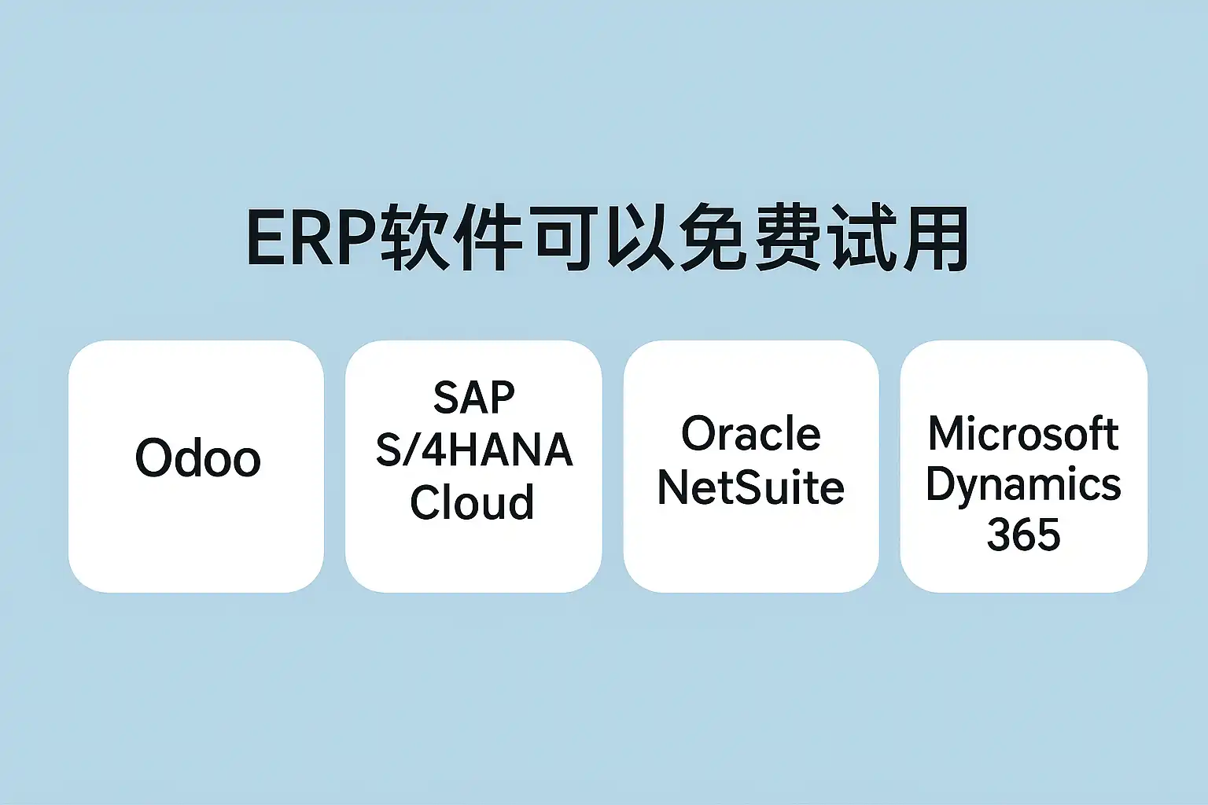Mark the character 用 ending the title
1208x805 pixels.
pyautogui.click(x=935, y=238)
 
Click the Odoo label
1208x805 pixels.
pyautogui.click(x=197, y=458)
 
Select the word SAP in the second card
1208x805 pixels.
pyautogui.click(x=473, y=398)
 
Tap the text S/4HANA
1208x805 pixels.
pyautogui.click(x=473, y=450)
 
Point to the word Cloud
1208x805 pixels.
pyautogui.click(x=472, y=502)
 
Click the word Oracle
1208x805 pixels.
pyautogui.click(x=750, y=434)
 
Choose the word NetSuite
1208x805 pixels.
pyautogui.click(x=750, y=487)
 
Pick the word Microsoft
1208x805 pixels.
pyautogui.click(x=1023, y=434)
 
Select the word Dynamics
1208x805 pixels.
pyautogui.click(x=1023, y=485)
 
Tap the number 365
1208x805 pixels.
pyautogui.click(x=1023, y=535)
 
